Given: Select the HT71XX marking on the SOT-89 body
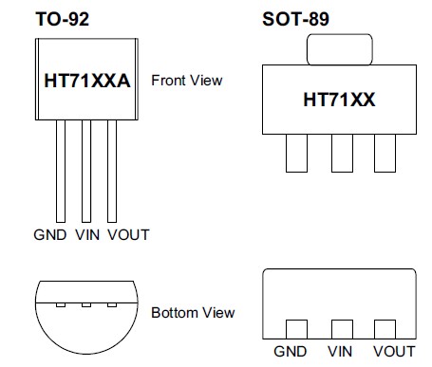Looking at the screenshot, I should (338, 99).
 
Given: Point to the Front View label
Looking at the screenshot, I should (187, 81).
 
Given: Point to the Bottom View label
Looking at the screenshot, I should (193, 312).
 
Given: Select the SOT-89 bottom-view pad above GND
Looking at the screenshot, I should (297, 330).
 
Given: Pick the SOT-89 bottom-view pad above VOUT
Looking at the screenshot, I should (385, 330).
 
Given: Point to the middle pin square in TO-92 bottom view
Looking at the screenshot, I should (86, 305).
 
